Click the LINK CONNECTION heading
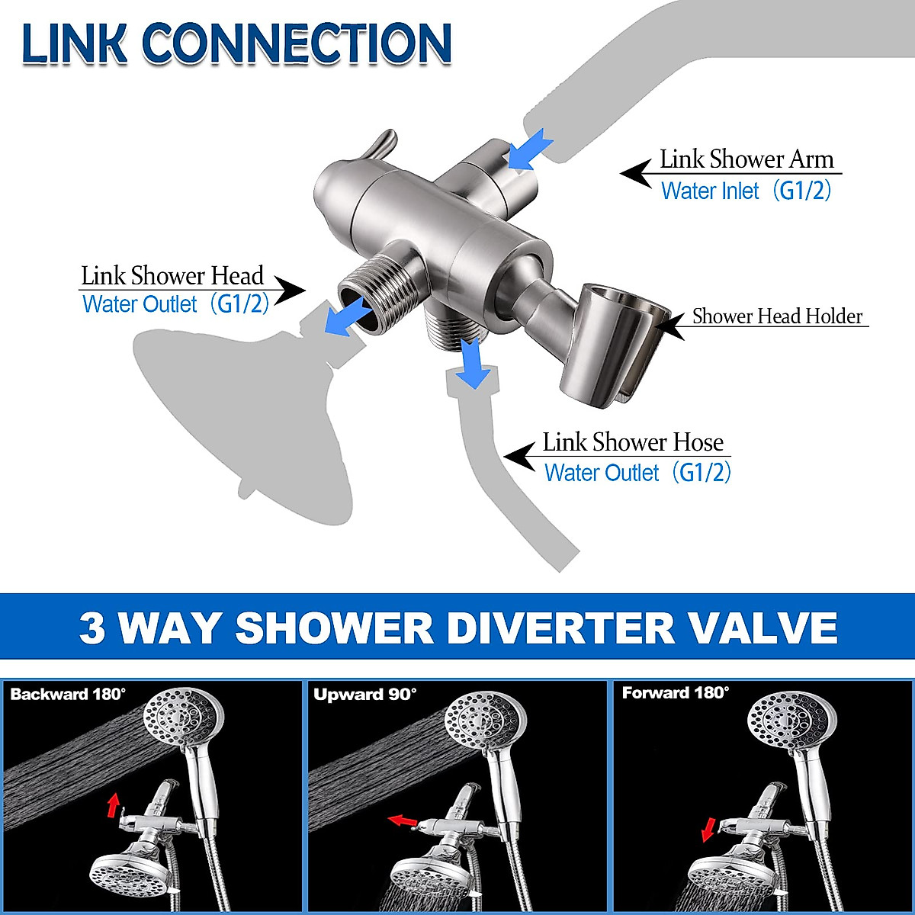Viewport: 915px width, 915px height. (x=236, y=43)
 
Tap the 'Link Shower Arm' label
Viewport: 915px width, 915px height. (x=746, y=159)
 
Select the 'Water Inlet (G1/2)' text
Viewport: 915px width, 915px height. (x=745, y=190)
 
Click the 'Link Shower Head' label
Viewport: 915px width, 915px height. (x=172, y=275)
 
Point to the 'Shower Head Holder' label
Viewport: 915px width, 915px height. (x=777, y=316)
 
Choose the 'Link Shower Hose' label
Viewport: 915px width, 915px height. (x=632, y=442)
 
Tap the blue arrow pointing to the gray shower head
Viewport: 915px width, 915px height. (x=348, y=317)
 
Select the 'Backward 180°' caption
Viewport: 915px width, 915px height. (x=68, y=695)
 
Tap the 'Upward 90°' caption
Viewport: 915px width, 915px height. (x=365, y=695)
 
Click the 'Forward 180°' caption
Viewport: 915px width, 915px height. (x=676, y=693)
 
